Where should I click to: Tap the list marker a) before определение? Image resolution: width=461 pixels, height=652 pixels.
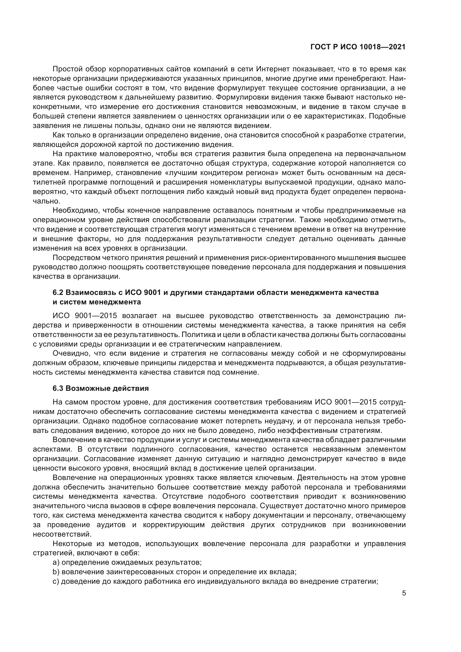click(x=56, y=570)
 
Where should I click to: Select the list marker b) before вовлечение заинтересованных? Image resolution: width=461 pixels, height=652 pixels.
click(x=56, y=580)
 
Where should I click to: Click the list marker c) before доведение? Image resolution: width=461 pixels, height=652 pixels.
click(x=56, y=589)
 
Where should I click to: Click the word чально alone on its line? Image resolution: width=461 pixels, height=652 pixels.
click(x=46, y=201)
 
